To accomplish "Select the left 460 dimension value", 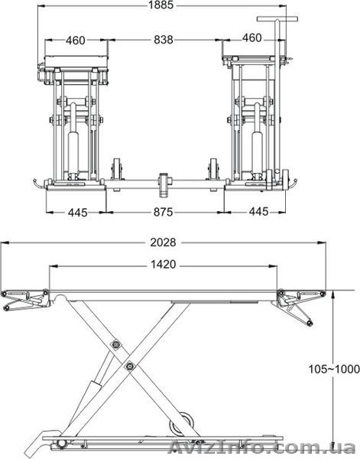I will pos(75,40).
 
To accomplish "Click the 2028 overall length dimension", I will pos(164,243).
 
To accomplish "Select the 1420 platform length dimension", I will pos(164,265).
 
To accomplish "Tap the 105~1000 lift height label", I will pos(334,369).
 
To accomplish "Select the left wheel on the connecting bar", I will pos(118,171).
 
